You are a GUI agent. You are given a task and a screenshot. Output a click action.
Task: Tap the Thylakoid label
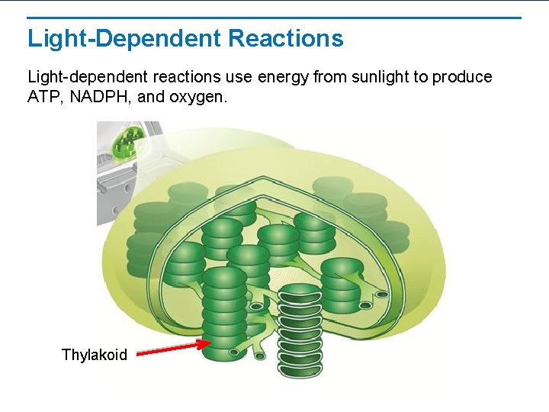pyautogui.click(x=95, y=355)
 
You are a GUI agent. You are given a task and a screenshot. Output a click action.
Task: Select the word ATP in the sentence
pyautogui.click(x=43, y=97)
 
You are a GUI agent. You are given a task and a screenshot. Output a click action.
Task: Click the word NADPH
pyautogui.click(x=95, y=97)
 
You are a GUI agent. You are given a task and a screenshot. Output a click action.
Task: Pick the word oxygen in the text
pyautogui.click(x=201, y=98)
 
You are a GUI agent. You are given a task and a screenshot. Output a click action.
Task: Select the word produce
pyautogui.click(x=464, y=78)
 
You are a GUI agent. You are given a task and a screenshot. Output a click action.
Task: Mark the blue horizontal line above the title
pyautogui.click(x=274, y=18)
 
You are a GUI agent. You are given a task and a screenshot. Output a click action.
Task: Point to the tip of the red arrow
pyautogui.click(x=207, y=343)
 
